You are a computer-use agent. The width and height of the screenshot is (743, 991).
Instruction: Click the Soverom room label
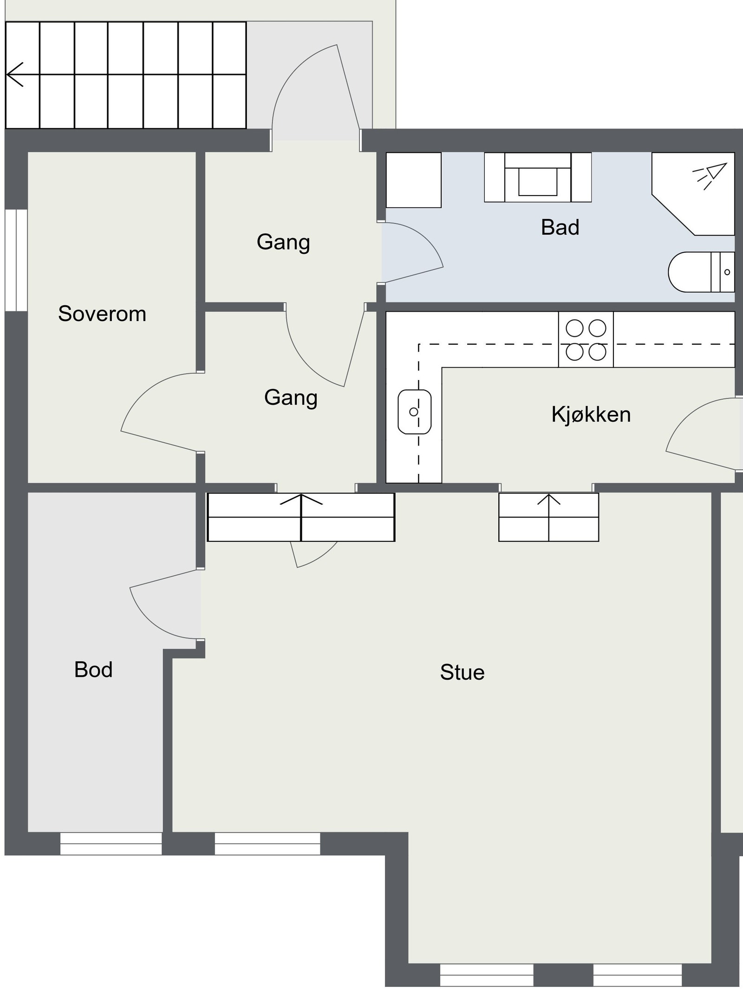pyautogui.click(x=102, y=314)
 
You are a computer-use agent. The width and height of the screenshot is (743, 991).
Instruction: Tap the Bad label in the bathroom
pyautogui.click(x=560, y=228)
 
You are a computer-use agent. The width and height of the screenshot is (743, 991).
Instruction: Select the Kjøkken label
pyautogui.click(x=591, y=414)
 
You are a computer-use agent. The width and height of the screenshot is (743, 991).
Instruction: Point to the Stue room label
pyautogui.click(x=463, y=672)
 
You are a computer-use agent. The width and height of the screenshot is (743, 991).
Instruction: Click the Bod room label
pyautogui.click(x=93, y=670)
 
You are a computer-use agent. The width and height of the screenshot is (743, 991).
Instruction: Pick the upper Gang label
pyautogui.click(x=283, y=243)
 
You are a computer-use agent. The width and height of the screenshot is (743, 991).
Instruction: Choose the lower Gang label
pyautogui.click(x=291, y=398)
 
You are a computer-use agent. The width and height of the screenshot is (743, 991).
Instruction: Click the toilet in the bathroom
pyautogui.click(x=701, y=272)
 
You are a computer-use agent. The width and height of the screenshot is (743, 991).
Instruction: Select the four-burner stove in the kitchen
pyautogui.click(x=586, y=340)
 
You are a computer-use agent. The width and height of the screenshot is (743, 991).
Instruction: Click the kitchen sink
pyautogui.click(x=414, y=412)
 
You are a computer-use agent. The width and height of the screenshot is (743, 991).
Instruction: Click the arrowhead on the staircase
pyautogui.click(x=14, y=74)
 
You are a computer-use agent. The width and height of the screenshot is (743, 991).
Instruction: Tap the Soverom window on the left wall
pyautogui.click(x=16, y=260)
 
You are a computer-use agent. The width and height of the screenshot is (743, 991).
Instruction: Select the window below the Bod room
pyautogui.click(x=111, y=843)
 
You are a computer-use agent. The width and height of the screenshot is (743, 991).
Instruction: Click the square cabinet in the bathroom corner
pyautogui.click(x=413, y=180)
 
